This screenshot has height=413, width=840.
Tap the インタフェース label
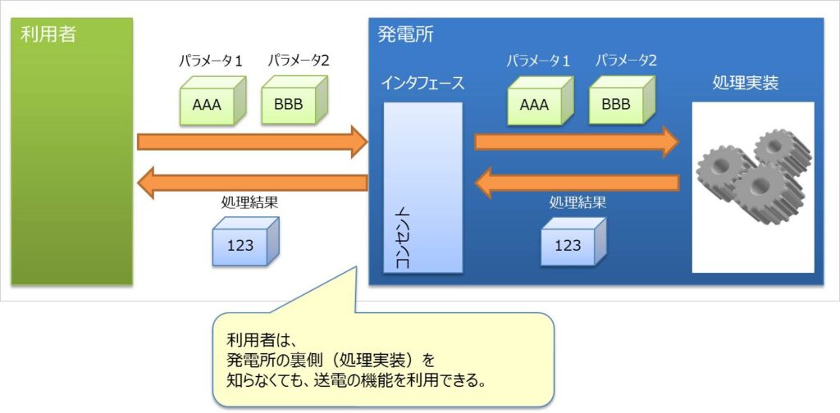[x=422, y=83]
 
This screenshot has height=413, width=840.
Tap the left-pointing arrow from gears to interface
[x=577, y=183]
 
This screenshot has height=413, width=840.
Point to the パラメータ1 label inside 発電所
[x=538, y=60]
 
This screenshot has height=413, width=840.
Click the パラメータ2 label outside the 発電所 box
[x=298, y=61]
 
